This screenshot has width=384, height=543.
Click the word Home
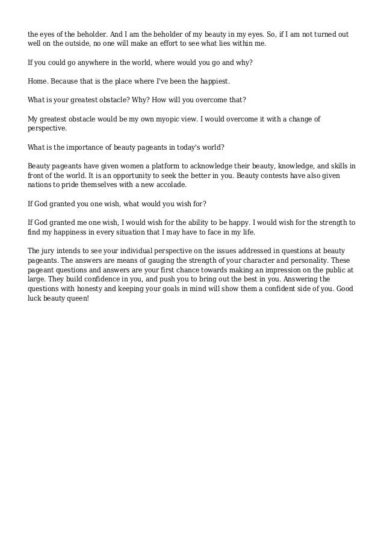(37, 80)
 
